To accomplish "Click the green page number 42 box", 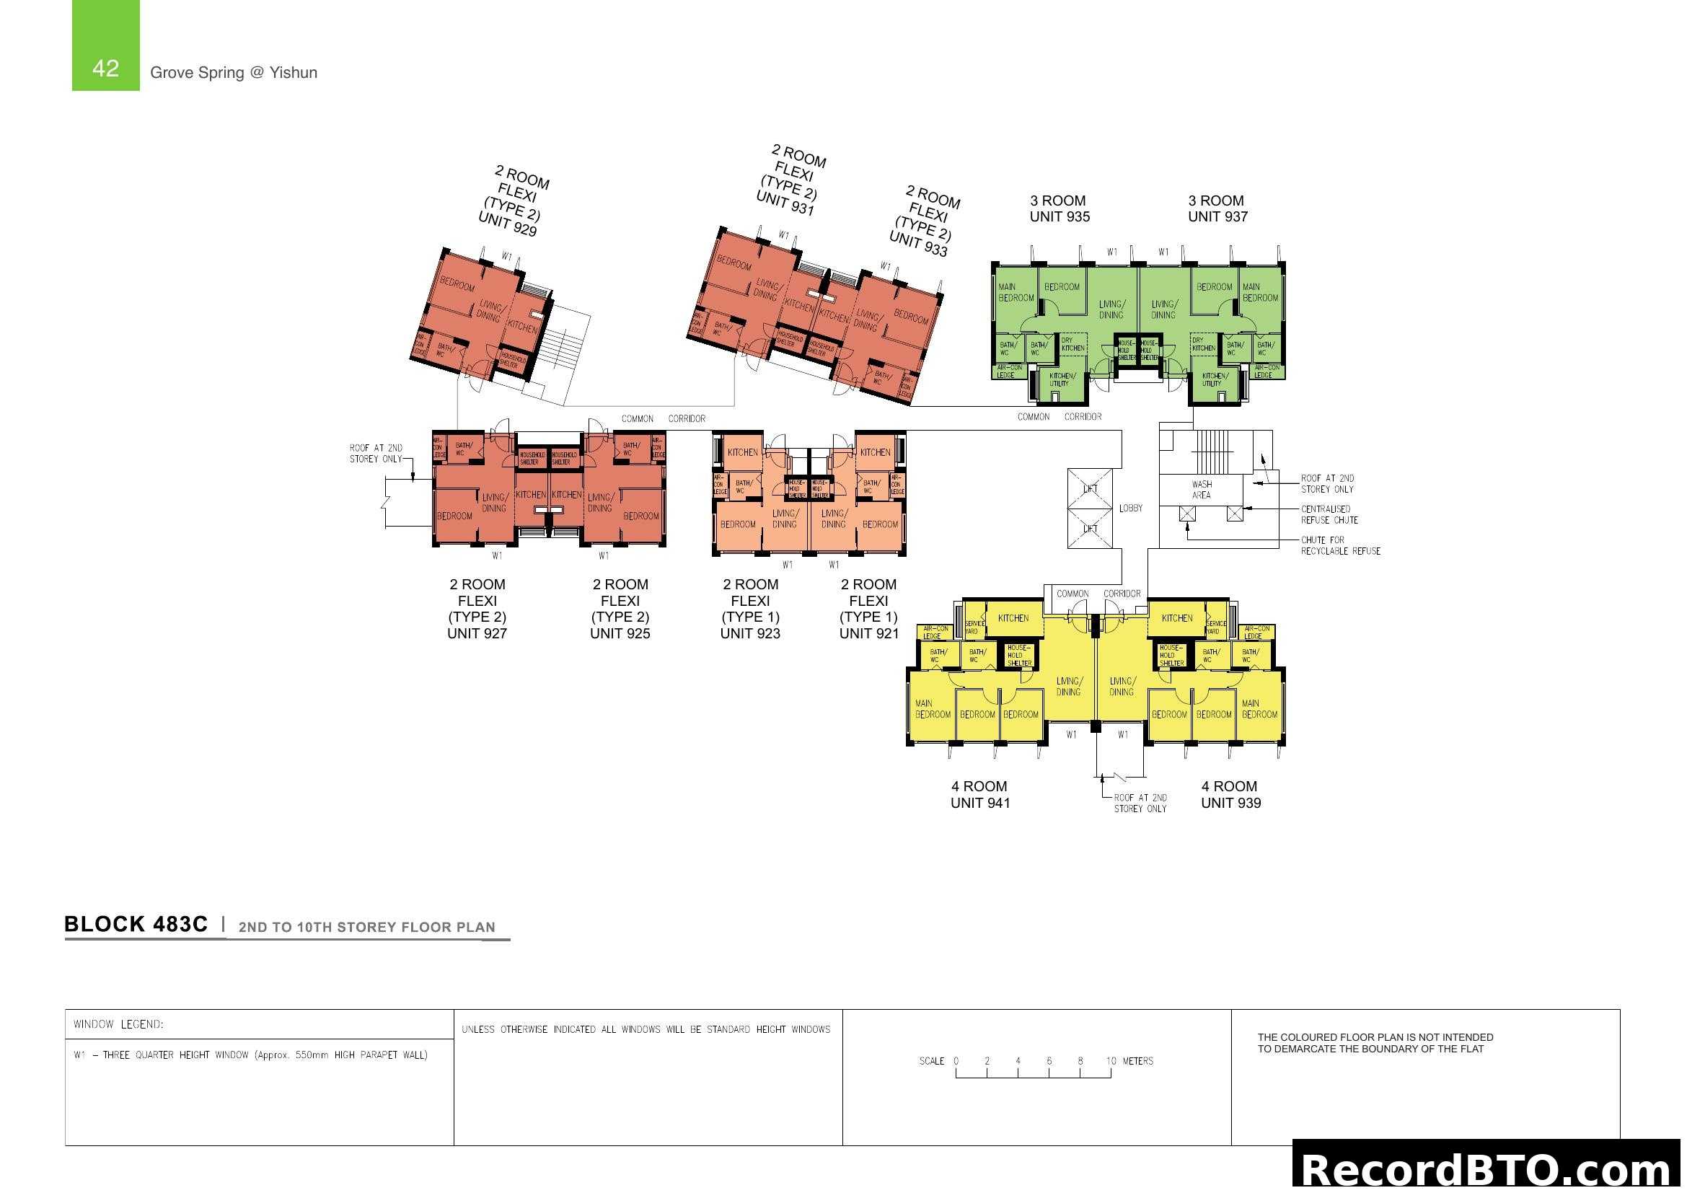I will point(105,45).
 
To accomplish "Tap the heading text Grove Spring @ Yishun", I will point(234,73).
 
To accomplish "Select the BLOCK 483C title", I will point(136,924).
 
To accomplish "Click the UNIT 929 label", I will point(508,224).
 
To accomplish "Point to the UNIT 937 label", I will point(1217,216).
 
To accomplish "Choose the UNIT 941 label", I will point(980,803).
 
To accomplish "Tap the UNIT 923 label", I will point(750,633).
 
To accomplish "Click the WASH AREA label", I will point(1202,490).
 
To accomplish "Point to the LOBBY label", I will point(1131,509).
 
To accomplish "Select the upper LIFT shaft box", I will point(1090,488).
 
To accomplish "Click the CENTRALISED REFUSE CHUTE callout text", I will point(1329,514).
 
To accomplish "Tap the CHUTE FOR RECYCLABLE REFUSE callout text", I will point(1340,546).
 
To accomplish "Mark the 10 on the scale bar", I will point(1111,1061).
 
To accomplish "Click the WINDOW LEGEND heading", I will point(118,1024).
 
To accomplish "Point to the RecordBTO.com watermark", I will point(1488,1168).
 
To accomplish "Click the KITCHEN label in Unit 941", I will point(1013,619).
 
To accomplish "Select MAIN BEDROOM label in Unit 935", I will point(1016,292).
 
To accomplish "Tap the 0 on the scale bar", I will point(956,1061).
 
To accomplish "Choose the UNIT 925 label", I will point(620,633).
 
